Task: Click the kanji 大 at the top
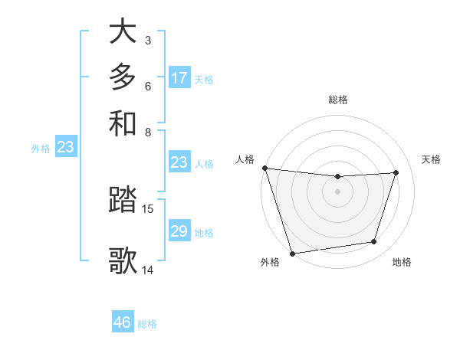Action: (x=123, y=32)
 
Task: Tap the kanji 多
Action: (x=123, y=77)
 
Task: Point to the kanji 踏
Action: (x=123, y=201)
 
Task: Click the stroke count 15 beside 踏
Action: (x=148, y=208)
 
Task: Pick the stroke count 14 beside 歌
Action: (x=148, y=270)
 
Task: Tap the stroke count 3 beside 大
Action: (x=147, y=40)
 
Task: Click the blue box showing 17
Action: (x=179, y=78)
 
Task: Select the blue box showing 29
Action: (x=179, y=231)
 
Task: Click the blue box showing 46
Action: (x=123, y=322)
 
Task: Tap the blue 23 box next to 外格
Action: (x=65, y=148)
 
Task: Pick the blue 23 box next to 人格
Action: (x=179, y=162)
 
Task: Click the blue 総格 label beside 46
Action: (x=147, y=324)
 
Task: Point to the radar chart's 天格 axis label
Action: (x=431, y=159)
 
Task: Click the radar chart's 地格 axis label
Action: (x=402, y=263)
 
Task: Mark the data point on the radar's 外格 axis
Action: (x=292, y=253)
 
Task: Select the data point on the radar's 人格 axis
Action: (x=264, y=168)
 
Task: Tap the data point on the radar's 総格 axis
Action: (x=337, y=177)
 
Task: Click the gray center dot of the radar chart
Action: (x=337, y=191)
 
